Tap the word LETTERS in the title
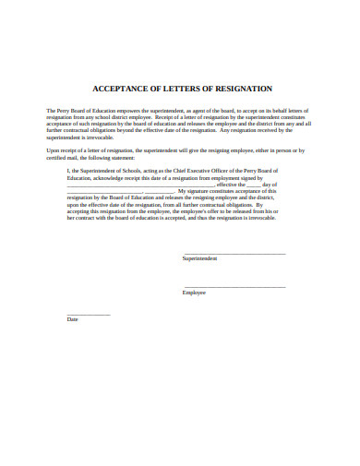(187, 89)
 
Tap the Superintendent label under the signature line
(200, 259)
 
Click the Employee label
(194, 293)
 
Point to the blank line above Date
(89, 315)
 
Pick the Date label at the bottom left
(73, 319)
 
